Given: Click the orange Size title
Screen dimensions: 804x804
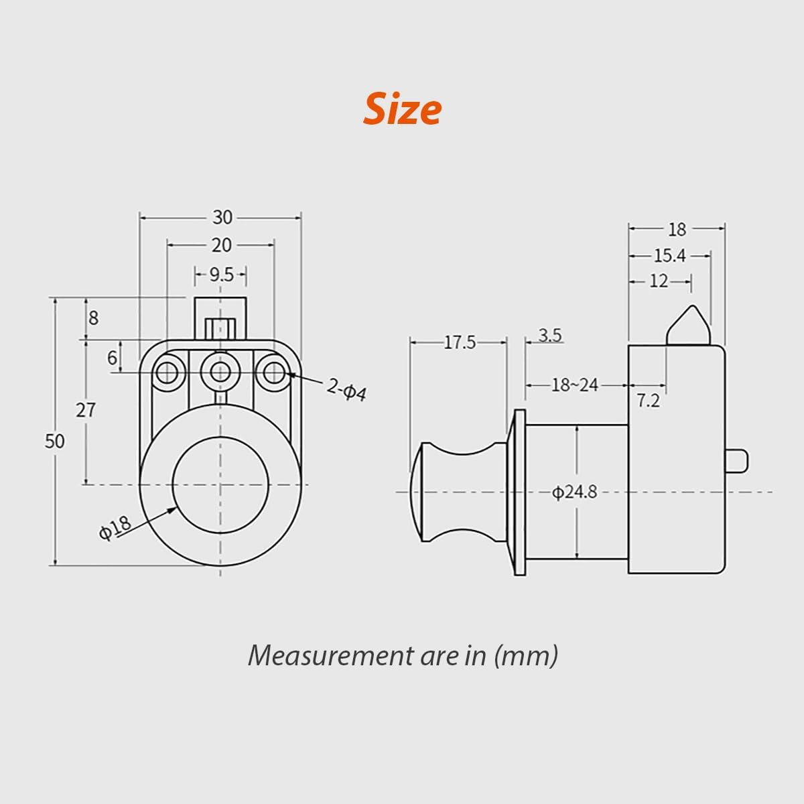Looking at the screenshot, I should tap(402, 110).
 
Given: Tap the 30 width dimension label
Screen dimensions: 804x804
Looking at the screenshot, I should tap(222, 218).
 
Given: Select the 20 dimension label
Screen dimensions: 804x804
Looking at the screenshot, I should tap(222, 246).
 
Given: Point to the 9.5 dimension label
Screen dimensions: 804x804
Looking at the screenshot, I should tap(221, 275).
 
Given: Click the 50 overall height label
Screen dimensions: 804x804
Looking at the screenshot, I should tap(55, 442).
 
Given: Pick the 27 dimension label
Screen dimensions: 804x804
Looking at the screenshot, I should tap(85, 410).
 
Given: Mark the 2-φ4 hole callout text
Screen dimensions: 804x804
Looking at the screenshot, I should tap(346, 389).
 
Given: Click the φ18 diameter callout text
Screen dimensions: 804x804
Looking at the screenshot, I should tap(115, 527).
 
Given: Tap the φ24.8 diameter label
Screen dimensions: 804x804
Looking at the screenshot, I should tap(574, 492).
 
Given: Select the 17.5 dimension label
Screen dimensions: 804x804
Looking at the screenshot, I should tap(460, 342).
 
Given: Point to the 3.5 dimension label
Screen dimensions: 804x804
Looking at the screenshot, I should tap(549, 335).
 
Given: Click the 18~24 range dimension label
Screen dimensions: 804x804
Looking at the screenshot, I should tap(574, 385).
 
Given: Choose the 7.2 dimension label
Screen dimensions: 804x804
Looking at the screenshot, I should tap(648, 401).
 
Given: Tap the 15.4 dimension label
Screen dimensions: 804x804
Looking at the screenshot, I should tap(669, 256).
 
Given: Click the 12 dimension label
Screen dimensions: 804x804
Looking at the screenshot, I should tap(659, 281).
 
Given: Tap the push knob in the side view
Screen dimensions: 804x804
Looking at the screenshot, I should tap(459, 492).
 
